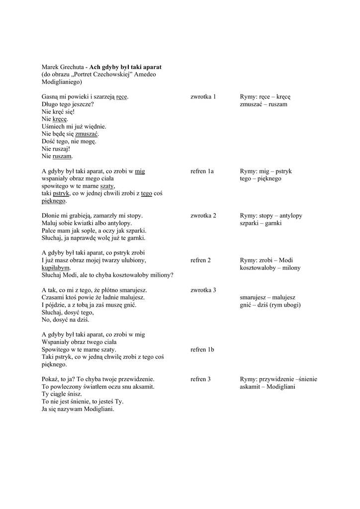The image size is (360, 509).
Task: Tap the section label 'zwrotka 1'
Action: point(203,96)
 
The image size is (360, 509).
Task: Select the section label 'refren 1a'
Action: point(202,171)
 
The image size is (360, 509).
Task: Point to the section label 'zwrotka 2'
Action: point(203,216)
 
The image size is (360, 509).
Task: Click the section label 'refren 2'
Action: point(200,260)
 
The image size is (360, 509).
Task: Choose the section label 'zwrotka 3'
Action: point(203,290)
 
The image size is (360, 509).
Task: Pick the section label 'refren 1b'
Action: point(202,349)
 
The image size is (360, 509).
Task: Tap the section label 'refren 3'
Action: point(200,379)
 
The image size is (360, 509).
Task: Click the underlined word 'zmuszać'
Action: point(87,134)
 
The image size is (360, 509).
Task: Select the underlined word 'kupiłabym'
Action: point(56,267)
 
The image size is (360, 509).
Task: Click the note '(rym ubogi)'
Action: point(285,305)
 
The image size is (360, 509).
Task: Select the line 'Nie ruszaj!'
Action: point(56,149)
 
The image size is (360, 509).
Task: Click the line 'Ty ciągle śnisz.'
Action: point(62,394)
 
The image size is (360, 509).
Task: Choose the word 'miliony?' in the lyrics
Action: point(160,275)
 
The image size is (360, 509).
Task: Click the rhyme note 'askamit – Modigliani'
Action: point(267,387)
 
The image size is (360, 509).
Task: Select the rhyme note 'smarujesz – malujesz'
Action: point(268,297)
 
